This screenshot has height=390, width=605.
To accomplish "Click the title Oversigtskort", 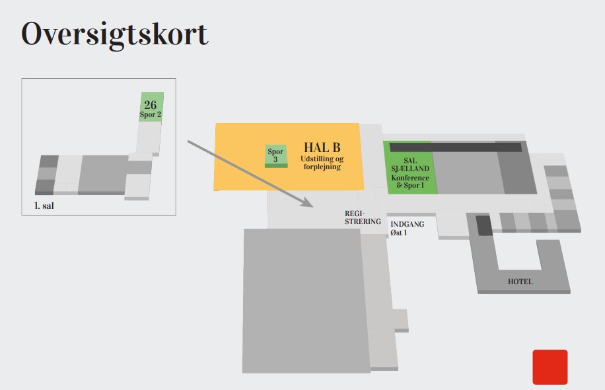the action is [114, 34].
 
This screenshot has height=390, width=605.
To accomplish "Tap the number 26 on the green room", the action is [151, 105].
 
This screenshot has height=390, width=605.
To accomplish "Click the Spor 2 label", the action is [151, 114].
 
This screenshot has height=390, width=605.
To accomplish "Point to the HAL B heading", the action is [322, 147].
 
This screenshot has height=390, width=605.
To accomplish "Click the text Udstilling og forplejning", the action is [322, 163].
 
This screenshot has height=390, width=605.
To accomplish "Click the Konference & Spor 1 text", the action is [409, 182].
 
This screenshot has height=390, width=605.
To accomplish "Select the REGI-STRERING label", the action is [363, 217].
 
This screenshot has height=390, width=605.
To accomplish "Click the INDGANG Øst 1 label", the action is [407, 228].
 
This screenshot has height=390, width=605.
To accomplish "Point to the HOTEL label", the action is [520, 282].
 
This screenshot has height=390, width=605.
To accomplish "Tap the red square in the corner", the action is [550, 367].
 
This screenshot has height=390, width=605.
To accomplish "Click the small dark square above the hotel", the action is [484, 225].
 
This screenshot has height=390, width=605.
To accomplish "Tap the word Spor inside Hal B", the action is [275, 152].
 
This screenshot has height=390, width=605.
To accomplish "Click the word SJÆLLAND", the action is [409, 169].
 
